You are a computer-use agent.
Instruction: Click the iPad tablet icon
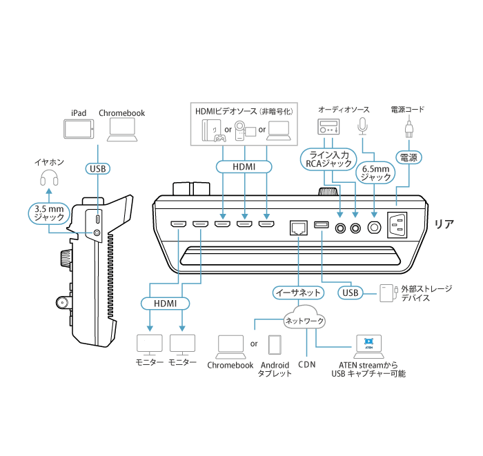click(78, 130)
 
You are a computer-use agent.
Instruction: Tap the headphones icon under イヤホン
click(48, 180)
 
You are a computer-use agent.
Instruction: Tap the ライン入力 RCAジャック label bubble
click(328, 158)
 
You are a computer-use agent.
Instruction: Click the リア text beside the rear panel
click(444, 224)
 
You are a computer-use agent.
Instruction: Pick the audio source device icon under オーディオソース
click(328, 127)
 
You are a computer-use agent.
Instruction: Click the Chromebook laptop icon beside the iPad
click(122, 129)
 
